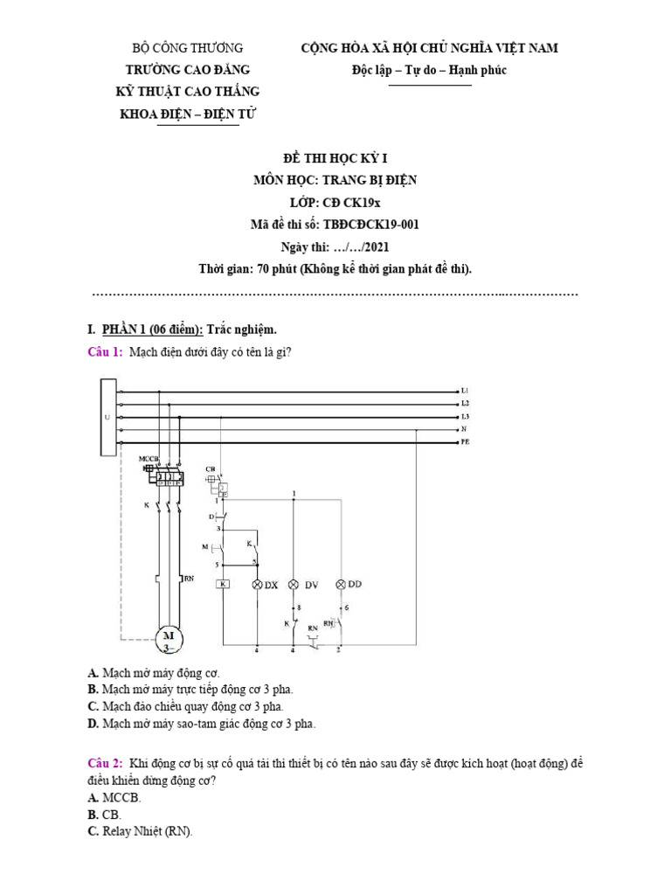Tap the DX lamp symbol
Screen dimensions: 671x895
tap(257, 584)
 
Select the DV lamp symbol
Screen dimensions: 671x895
tap(294, 584)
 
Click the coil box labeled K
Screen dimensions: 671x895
tap(223, 584)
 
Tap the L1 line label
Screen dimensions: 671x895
tap(465, 390)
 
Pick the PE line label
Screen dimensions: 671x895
tap(465, 444)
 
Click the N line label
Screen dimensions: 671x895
tap(464, 430)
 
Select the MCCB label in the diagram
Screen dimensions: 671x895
tap(149, 458)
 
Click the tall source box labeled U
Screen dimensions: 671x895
tap(107, 417)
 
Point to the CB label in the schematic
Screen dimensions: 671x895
tap(210, 469)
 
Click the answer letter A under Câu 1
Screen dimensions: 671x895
tap(92, 674)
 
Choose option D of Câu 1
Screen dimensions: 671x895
tap(92, 724)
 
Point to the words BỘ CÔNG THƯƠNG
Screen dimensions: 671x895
tap(187, 48)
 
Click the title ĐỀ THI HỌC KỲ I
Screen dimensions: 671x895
tap(335, 158)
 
